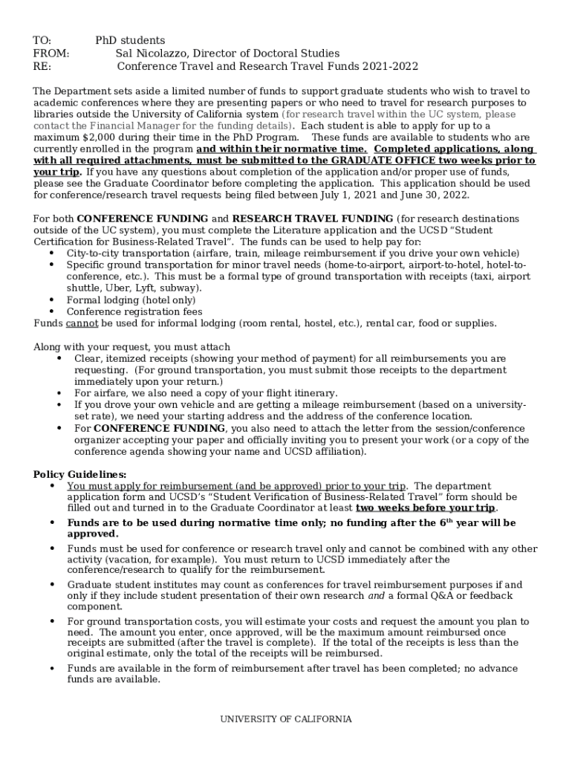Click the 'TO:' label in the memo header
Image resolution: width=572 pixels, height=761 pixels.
(x=42, y=40)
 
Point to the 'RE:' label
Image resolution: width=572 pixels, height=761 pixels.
(x=42, y=66)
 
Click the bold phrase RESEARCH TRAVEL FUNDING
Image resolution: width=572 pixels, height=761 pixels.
(x=313, y=218)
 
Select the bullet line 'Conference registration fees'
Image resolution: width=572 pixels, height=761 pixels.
(x=134, y=311)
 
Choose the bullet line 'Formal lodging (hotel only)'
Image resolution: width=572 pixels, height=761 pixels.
(x=131, y=299)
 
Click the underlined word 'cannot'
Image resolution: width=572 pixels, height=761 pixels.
(x=82, y=323)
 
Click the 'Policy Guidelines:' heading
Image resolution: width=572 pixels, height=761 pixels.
(x=80, y=474)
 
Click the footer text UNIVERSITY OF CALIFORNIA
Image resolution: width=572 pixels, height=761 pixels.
(x=285, y=719)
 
